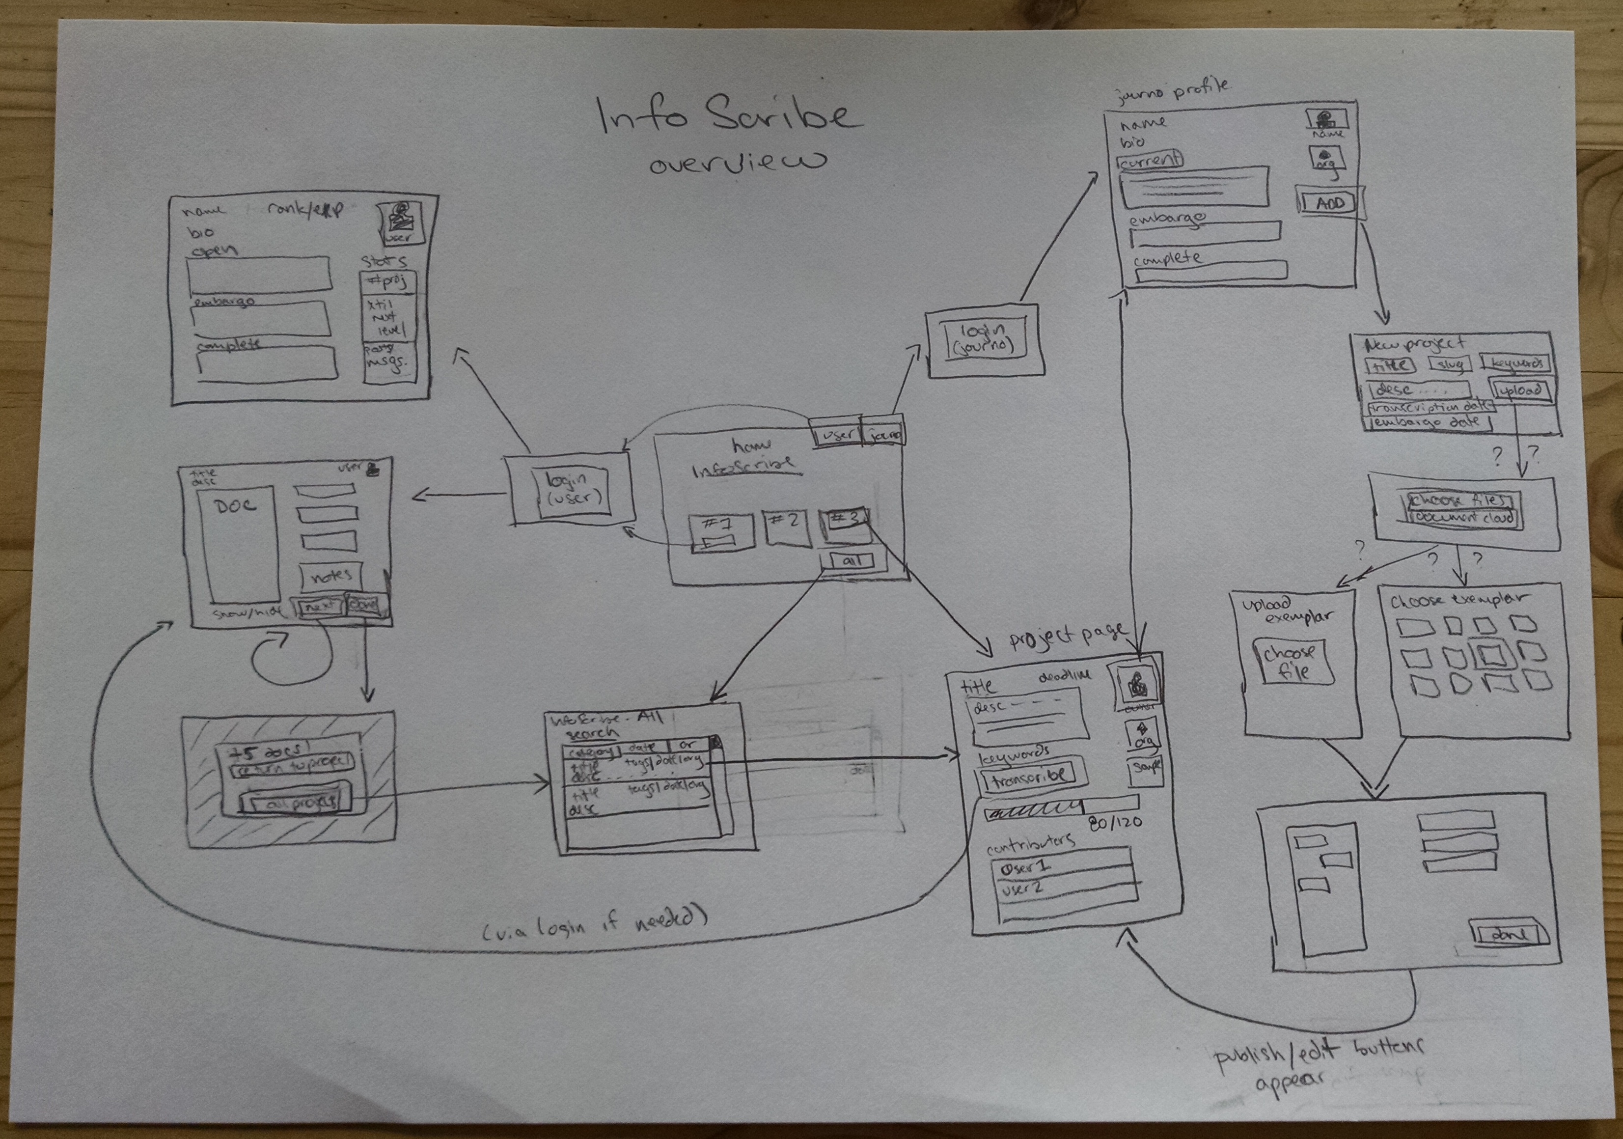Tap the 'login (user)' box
tap(573, 489)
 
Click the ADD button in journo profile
tap(1330, 203)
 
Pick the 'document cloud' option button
tap(1464, 517)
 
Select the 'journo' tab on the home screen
tap(886, 434)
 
